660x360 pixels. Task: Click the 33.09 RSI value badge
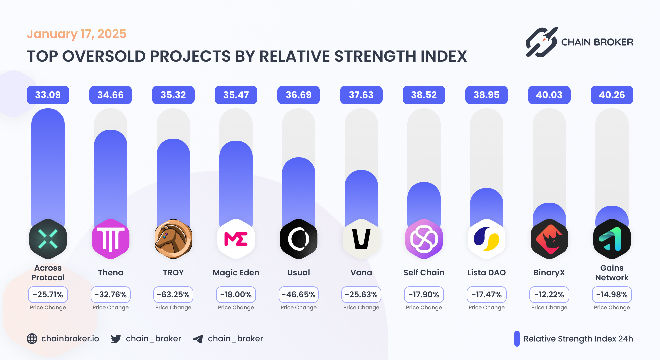click(48, 95)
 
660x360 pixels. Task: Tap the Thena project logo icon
click(110, 239)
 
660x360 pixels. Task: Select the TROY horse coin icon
click(173, 239)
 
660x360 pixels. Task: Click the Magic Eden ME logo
click(236, 239)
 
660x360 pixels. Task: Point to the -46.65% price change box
click(298, 295)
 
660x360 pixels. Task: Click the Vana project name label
click(361, 273)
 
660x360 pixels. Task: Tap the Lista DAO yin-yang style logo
click(486, 239)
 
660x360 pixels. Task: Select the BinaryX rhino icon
click(549, 239)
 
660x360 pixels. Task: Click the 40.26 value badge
click(612, 95)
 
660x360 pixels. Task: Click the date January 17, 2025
click(77, 34)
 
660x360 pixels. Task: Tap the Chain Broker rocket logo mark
click(541, 42)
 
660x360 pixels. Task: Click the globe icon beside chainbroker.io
click(32, 339)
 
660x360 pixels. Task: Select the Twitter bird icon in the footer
click(116, 339)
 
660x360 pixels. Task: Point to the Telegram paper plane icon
click(198, 339)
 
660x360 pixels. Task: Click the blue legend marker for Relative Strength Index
click(517, 339)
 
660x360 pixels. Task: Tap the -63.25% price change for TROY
click(173, 295)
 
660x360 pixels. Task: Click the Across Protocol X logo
click(48, 239)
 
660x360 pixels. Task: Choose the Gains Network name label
click(612, 273)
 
